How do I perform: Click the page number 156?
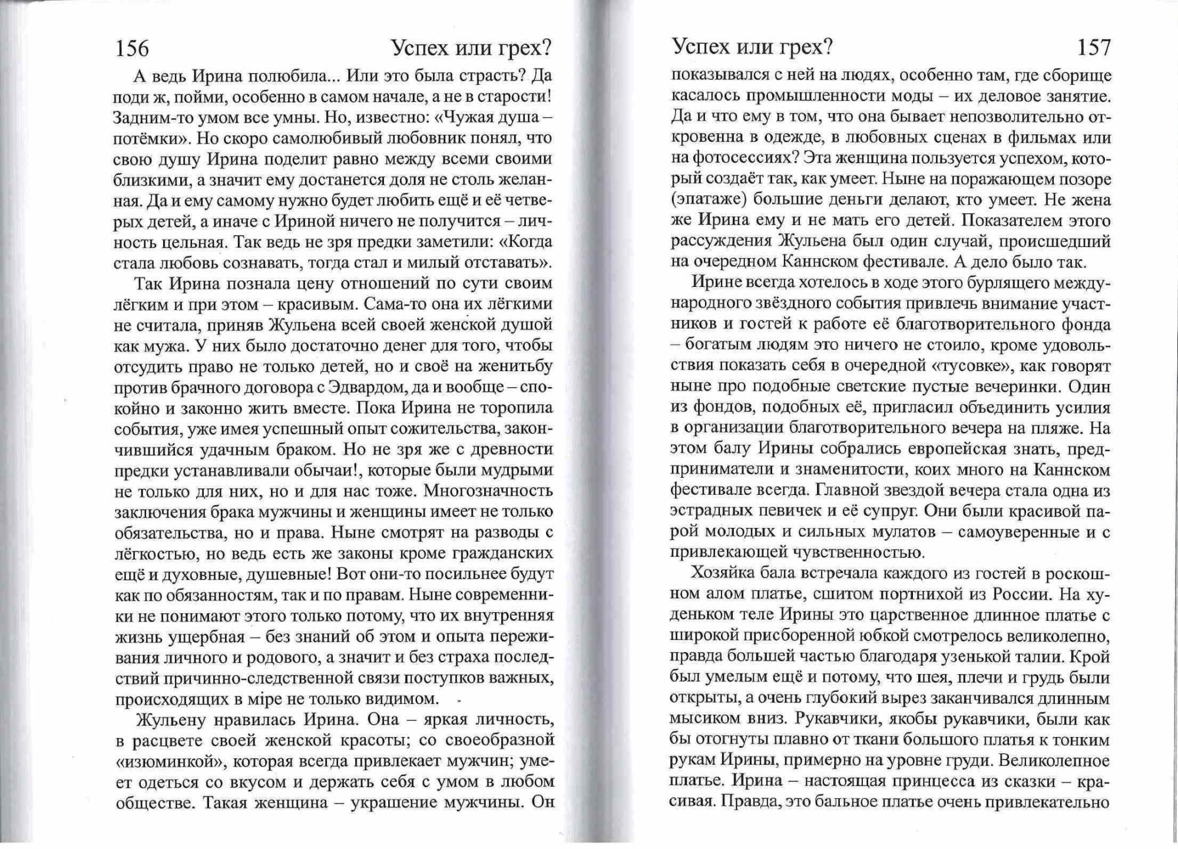pos(133,48)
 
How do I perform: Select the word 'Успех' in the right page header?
pos(703,47)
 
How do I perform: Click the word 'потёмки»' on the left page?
pos(150,138)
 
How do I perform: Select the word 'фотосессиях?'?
pos(744,158)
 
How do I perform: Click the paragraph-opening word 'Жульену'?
pos(171,720)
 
